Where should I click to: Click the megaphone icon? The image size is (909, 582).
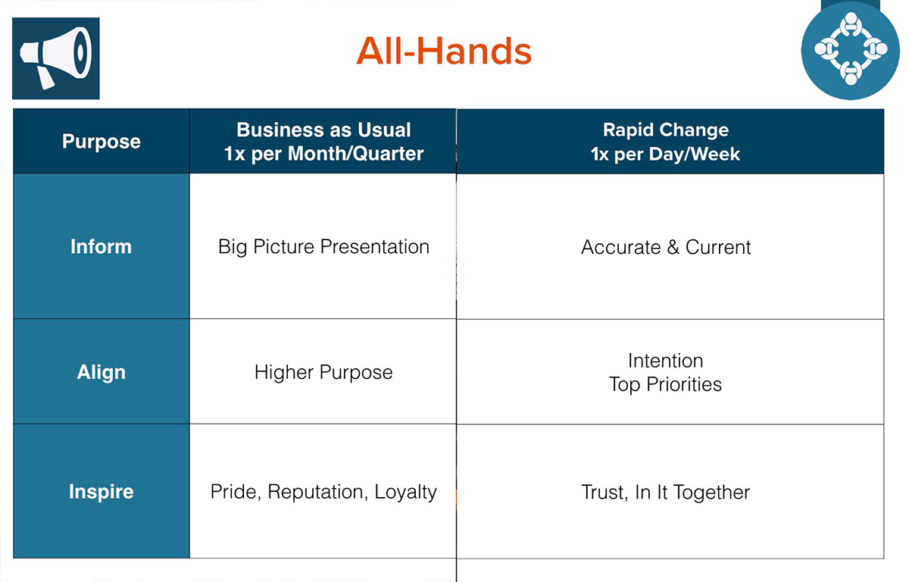(x=56, y=58)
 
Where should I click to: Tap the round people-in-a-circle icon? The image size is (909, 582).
(x=851, y=50)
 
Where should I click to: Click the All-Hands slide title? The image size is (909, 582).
(x=444, y=51)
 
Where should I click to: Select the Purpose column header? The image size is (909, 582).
(x=102, y=142)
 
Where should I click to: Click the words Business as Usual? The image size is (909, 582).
(x=324, y=130)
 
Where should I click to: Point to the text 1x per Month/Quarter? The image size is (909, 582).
(x=324, y=154)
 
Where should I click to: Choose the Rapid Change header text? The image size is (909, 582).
(x=666, y=130)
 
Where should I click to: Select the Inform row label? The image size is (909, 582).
(x=101, y=246)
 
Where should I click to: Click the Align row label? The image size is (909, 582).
(x=102, y=372)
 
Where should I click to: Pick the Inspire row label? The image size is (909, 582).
(x=101, y=492)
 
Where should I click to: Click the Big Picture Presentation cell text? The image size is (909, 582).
(x=324, y=247)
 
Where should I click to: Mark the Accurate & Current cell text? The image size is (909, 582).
(x=666, y=247)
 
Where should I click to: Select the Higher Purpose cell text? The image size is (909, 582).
(x=323, y=373)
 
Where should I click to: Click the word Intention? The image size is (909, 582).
(x=666, y=361)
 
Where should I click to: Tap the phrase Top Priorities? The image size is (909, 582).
(x=666, y=384)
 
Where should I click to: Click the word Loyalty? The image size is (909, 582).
(x=406, y=493)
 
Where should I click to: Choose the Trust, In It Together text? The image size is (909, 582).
(x=666, y=493)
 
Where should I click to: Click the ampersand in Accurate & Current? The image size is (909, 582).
(x=673, y=247)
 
